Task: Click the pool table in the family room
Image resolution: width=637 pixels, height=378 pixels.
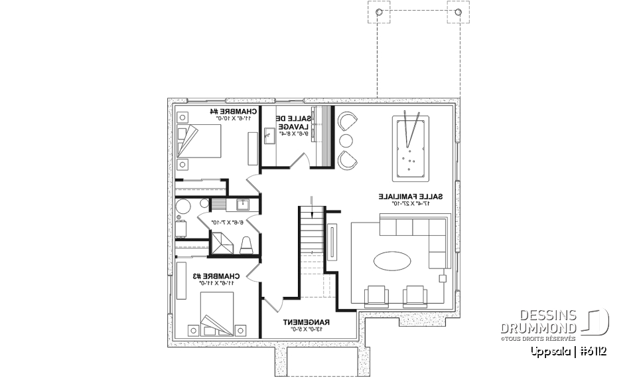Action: [411, 147]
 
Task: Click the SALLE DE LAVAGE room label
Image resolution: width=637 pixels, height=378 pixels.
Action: [292, 122]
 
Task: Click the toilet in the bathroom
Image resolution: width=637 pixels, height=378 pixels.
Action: [246, 244]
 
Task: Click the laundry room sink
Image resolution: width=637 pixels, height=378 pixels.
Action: [270, 137]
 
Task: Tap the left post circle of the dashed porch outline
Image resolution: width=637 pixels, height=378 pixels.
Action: [378, 13]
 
